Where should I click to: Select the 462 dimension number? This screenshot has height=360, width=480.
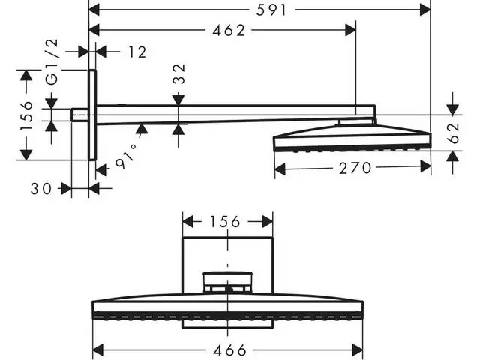pyautogui.click(x=229, y=30)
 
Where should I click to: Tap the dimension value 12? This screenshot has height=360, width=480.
pyautogui.click(x=137, y=52)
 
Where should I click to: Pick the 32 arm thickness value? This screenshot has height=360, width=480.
pyautogui.click(x=178, y=75)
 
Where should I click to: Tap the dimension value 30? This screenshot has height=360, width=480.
pyautogui.click(x=42, y=189)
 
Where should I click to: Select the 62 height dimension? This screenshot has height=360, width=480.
pyautogui.click(x=451, y=133)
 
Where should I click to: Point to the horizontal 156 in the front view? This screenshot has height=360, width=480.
pyautogui.click(x=225, y=221)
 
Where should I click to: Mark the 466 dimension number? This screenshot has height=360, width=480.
pyautogui.click(x=229, y=350)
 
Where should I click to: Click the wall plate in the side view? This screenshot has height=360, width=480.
pyautogui.click(x=92, y=115)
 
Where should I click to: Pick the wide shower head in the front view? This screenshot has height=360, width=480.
pyautogui.click(x=228, y=308)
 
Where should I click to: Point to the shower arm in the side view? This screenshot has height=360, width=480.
pyautogui.click(x=225, y=112)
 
